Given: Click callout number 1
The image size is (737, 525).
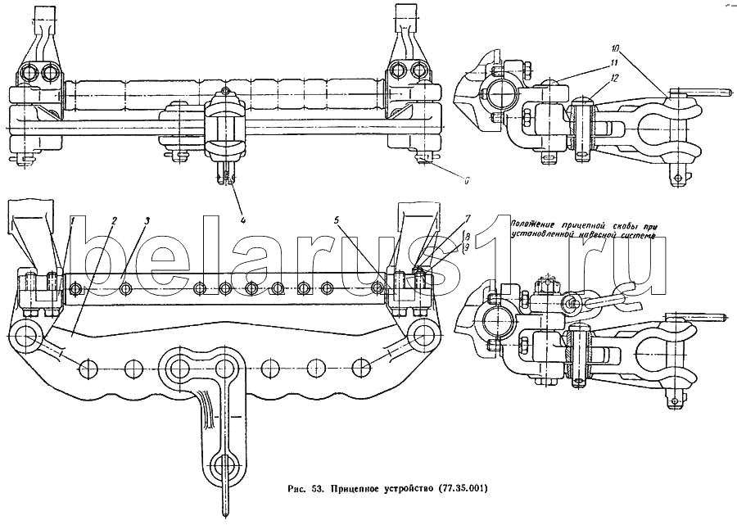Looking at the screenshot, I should click(x=72, y=220).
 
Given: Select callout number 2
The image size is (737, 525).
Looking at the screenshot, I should click(x=114, y=220).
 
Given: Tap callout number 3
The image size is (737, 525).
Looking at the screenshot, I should click(x=146, y=220).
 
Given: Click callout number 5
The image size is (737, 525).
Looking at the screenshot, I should click(x=337, y=220).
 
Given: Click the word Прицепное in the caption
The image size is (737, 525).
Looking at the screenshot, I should click(x=357, y=489).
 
